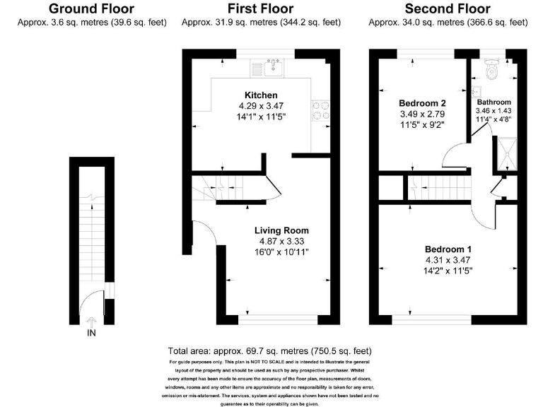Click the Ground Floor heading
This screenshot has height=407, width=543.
(91, 9)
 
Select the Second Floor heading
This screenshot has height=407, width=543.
(447, 9)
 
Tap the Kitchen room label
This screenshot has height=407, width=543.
(261, 95)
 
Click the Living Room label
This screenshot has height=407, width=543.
(281, 230)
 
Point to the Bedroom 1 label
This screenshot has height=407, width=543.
(448, 249)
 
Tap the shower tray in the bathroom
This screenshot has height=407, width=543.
(507, 154)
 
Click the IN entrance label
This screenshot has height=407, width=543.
(90, 332)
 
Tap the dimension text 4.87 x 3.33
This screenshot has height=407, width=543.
(281, 241)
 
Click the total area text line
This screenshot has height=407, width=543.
(270, 351)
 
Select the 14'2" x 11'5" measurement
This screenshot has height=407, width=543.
(448, 271)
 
